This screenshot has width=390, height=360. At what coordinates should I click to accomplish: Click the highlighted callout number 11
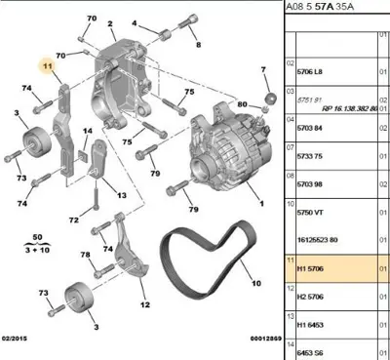[x=45, y=66]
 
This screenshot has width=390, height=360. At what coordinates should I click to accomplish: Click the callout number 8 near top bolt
[x=197, y=45]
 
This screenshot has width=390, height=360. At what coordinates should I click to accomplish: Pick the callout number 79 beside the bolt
[x=193, y=210]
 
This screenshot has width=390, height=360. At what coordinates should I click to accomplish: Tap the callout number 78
[x=84, y=255]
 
